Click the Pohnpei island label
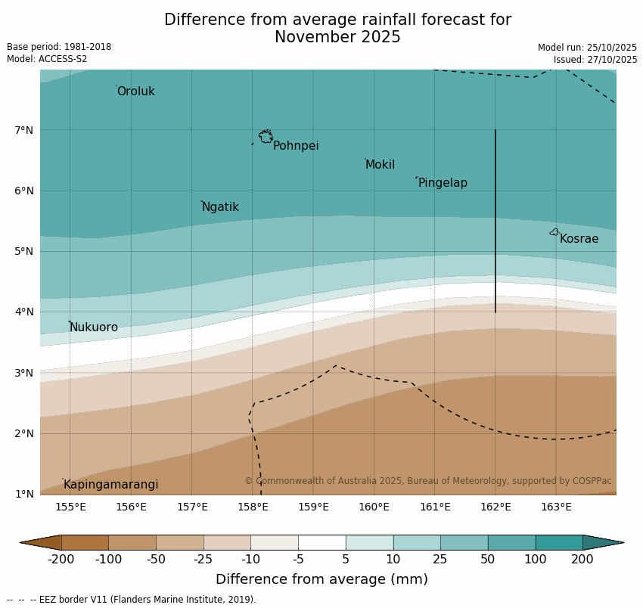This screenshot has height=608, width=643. coord(296,146)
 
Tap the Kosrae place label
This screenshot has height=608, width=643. coord(579,239)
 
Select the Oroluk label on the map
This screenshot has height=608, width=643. coord(135,92)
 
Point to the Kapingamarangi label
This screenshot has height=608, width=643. coord(110,485)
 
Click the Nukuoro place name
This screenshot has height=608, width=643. coord(94,327)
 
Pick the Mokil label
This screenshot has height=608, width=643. coord(380,165)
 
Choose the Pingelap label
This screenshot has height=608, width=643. coord(443,183)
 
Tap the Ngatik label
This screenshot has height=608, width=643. coord(220,207)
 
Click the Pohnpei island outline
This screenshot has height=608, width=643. coord(266,137)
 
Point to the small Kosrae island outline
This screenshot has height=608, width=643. coord(554,232)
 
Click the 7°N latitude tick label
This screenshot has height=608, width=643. coord(23,130)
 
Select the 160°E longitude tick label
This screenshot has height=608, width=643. coord(374,507)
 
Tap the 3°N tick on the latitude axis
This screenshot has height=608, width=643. coord(23,373)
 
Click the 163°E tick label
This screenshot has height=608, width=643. coord(556,507)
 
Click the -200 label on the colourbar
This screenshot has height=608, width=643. coord(61,560)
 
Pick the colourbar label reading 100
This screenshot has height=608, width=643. coord(535,560)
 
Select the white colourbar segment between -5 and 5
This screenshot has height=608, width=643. coord(321,542)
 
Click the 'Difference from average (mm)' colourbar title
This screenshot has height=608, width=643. coord(321,580)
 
